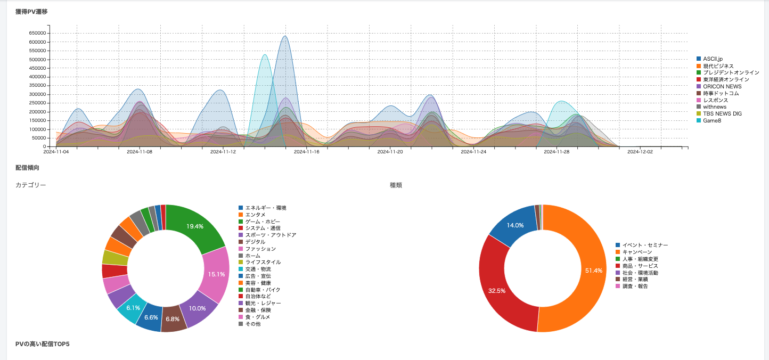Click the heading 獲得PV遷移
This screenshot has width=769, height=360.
(31, 11)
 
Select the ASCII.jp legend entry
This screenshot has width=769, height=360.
(713, 59)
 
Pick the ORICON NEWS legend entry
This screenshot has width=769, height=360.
(722, 86)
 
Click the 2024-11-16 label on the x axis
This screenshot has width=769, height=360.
(306, 152)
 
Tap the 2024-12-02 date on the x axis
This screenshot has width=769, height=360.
(640, 152)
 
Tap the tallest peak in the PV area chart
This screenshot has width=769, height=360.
(285, 36)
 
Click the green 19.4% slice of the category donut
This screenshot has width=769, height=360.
(197, 226)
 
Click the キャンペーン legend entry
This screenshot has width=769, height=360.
(638, 252)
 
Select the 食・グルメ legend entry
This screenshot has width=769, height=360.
(257, 317)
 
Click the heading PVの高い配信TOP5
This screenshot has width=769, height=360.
(43, 344)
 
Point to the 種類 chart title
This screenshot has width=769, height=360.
(396, 185)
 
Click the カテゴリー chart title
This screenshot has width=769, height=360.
(31, 185)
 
